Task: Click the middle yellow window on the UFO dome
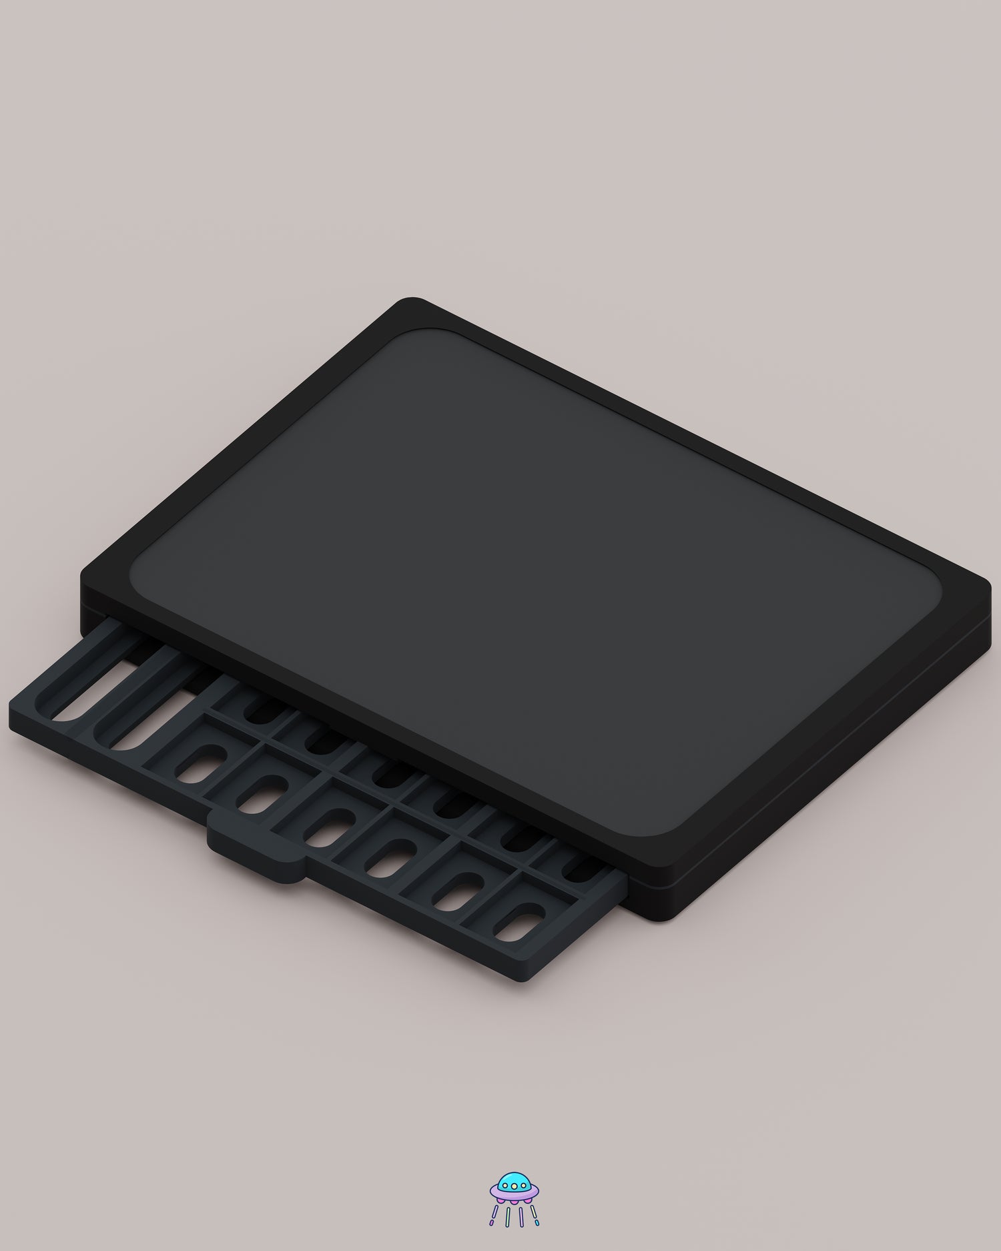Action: coord(515,1186)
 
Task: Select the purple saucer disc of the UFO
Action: coord(515,1195)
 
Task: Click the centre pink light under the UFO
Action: coord(515,1202)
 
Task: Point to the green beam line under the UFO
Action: coord(508,1217)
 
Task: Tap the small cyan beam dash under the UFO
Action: coord(537,1222)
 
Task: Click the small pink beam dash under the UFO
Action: coord(491,1222)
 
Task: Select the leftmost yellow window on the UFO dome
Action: coord(505,1186)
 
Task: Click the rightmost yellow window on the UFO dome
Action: coord(523,1186)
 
